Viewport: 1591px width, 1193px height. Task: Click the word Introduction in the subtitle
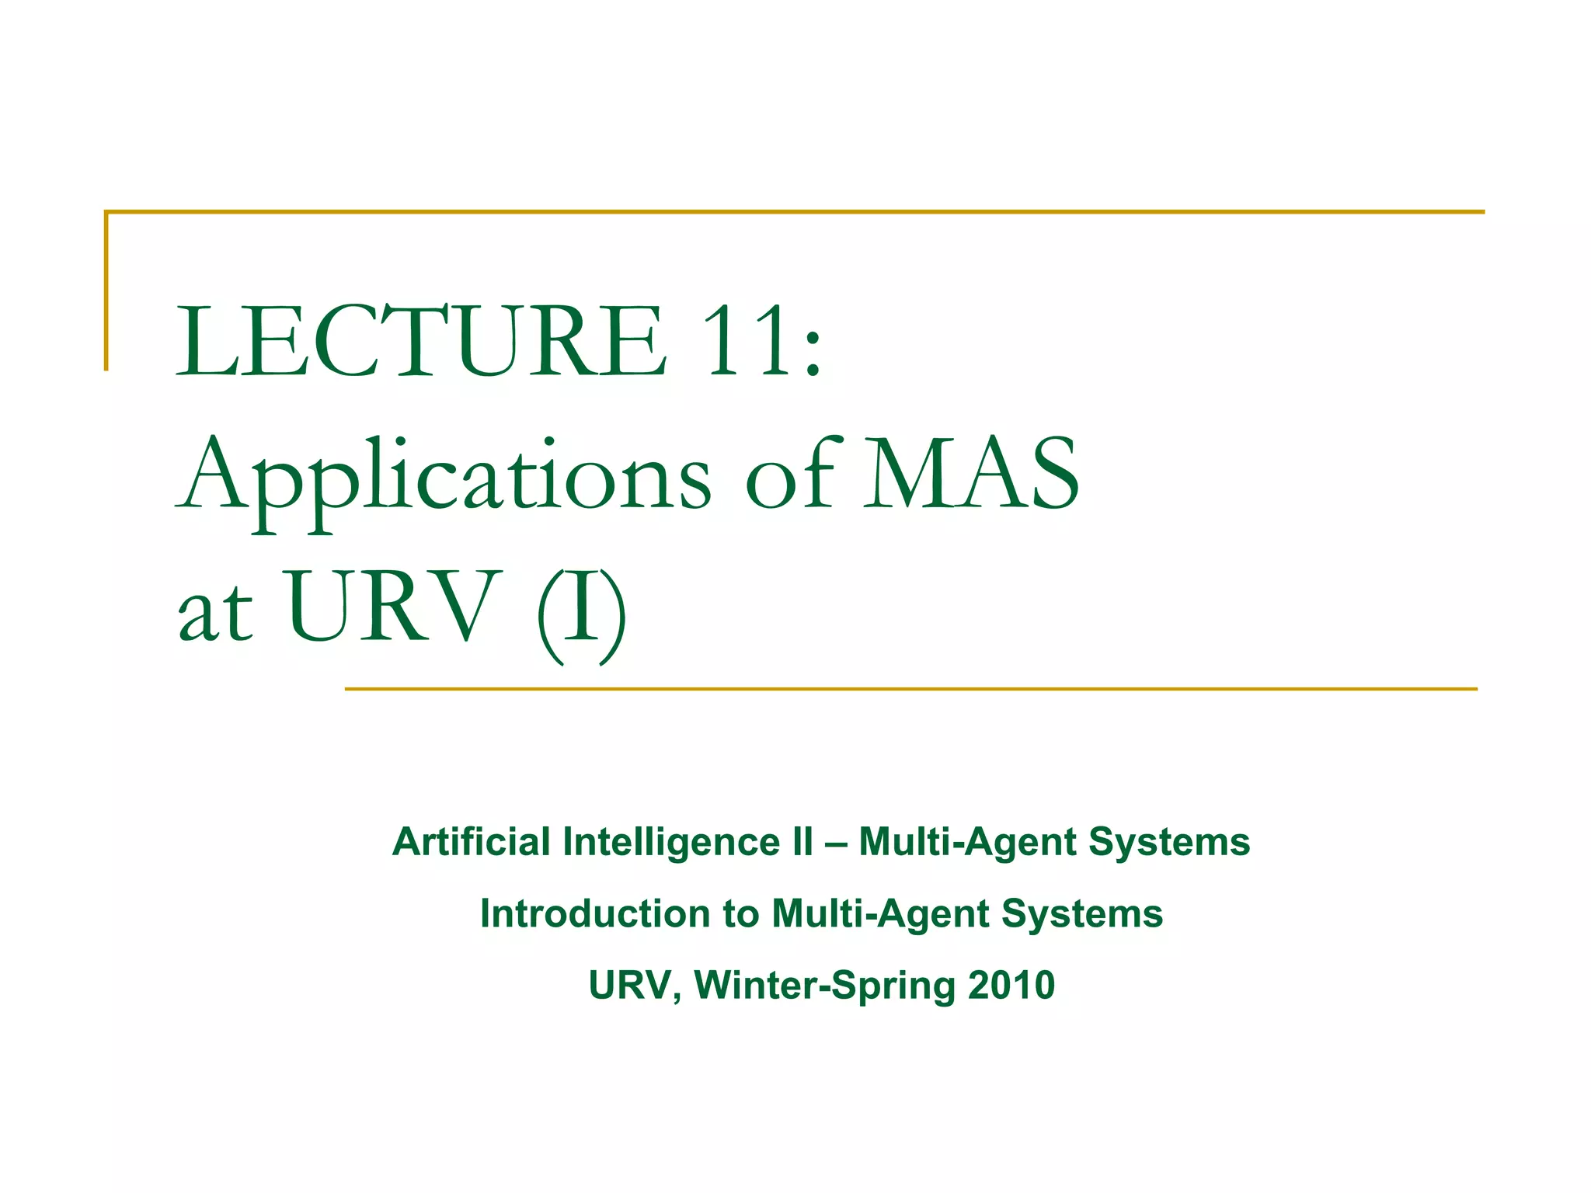point(595,913)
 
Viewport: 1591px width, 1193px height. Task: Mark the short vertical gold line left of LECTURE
point(106,290)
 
